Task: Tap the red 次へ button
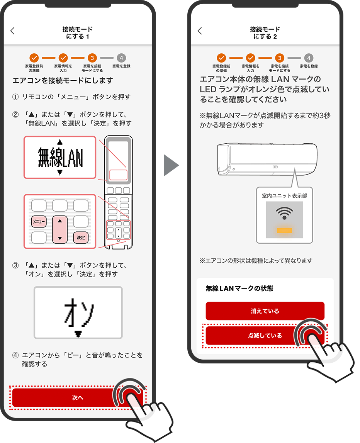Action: tap(77, 397)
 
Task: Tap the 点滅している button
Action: tap(265, 336)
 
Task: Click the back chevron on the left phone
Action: tap(12, 31)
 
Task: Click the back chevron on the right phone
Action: tap(200, 31)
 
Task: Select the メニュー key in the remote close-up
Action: tap(39, 222)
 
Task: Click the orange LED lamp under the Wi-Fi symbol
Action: tap(284, 230)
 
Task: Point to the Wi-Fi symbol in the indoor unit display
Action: tap(284, 213)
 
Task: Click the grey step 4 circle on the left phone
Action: tap(121, 58)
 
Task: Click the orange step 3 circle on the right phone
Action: tap(280, 58)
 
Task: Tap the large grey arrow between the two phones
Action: tap(171, 165)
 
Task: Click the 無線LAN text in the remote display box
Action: tap(60, 157)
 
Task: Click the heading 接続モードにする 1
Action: tap(77, 33)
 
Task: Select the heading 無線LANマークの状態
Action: tap(239, 289)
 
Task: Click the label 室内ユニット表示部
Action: tap(284, 196)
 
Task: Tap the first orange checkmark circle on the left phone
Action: tap(34, 58)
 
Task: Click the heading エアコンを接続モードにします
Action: tap(63, 80)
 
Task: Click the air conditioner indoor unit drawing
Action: tap(267, 159)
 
